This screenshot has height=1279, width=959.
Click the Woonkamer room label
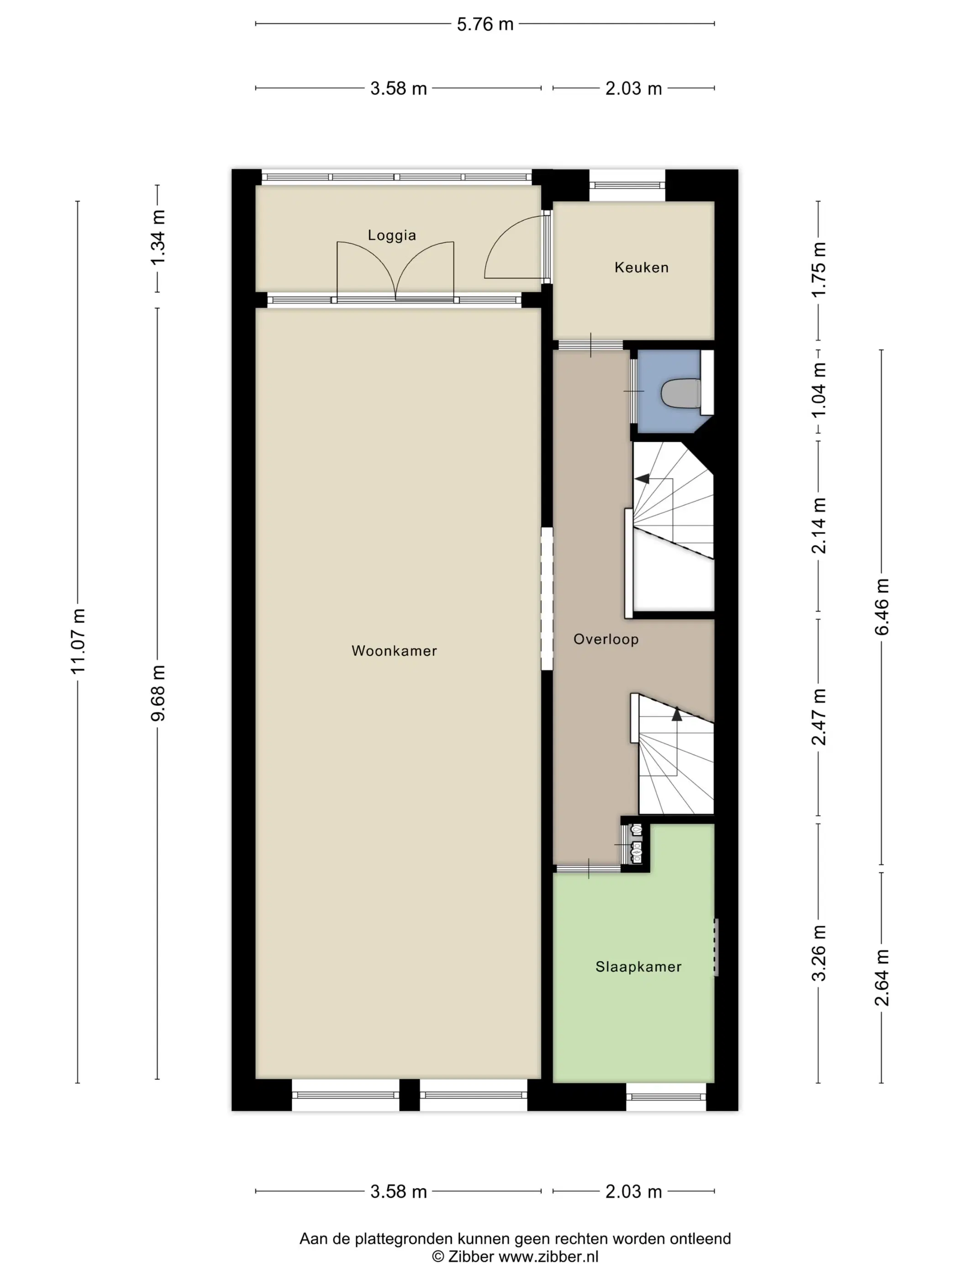pos(394,651)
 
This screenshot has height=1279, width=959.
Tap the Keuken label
pos(642,268)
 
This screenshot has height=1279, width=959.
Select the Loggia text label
pos(392,235)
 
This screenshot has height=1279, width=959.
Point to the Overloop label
pos(606,639)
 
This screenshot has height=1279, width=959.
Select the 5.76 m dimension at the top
pos(485,24)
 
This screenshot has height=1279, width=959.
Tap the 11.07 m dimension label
pos(78,641)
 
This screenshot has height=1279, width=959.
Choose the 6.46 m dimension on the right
pos(882,607)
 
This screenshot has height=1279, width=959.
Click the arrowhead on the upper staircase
pos(642,479)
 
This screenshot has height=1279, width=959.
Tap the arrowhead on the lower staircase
pos(677,714)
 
